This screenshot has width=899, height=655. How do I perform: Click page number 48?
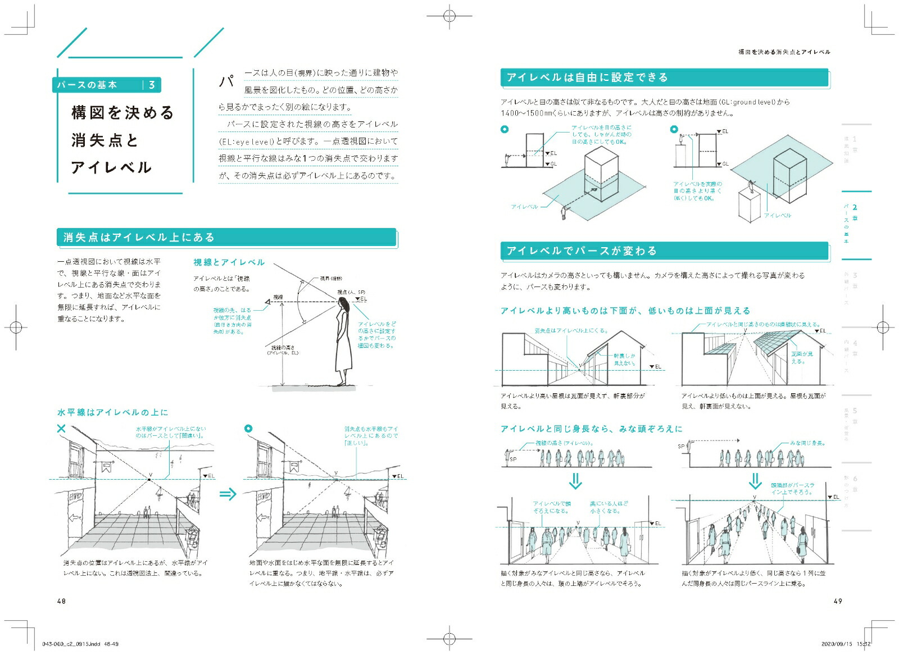61,601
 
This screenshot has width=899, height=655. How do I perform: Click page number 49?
837,601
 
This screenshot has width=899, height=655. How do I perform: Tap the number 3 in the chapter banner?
152,85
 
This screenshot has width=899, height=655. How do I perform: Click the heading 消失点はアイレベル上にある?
139,238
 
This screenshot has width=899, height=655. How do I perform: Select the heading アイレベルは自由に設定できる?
587,78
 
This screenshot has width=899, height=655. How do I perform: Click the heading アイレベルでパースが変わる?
581,251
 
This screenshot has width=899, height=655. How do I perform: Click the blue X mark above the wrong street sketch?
61,429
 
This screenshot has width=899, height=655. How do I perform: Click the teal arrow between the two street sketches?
228,494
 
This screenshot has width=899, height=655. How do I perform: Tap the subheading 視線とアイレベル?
229,262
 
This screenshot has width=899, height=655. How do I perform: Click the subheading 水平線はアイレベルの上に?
112,412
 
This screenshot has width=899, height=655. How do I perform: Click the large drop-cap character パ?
226,81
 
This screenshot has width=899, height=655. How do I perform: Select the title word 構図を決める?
123,113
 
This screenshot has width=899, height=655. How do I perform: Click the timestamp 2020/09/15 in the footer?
837,644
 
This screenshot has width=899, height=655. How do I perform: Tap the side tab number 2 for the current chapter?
855,208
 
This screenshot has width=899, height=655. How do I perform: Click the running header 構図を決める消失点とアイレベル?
784,52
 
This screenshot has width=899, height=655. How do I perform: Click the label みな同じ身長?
807,443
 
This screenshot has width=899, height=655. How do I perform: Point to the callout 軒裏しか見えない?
624,360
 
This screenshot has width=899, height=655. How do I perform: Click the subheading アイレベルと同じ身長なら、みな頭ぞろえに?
591,429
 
